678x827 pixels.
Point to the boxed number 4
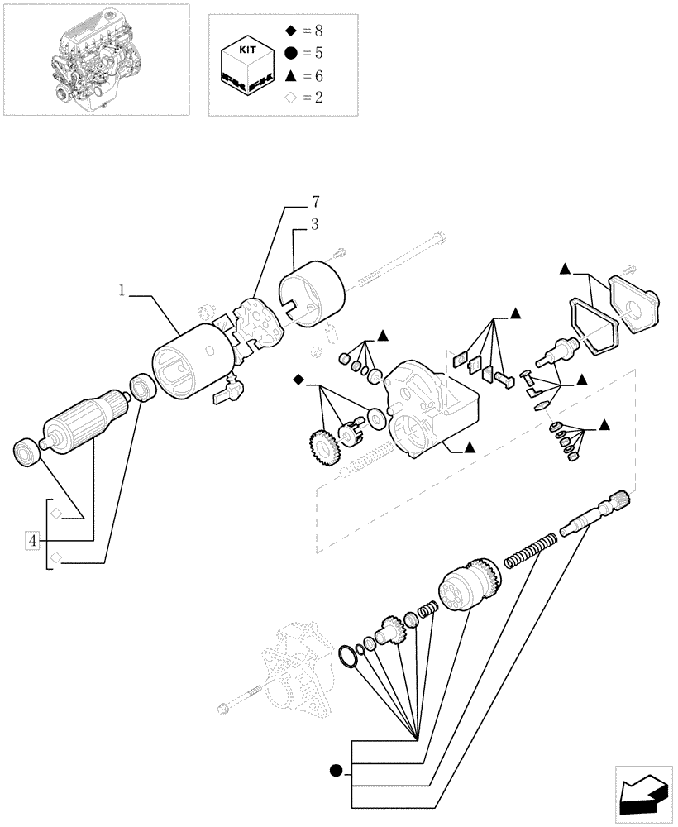(32, 541)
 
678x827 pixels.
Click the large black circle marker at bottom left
(336, 772)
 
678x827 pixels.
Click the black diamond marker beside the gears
(298, 380)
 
